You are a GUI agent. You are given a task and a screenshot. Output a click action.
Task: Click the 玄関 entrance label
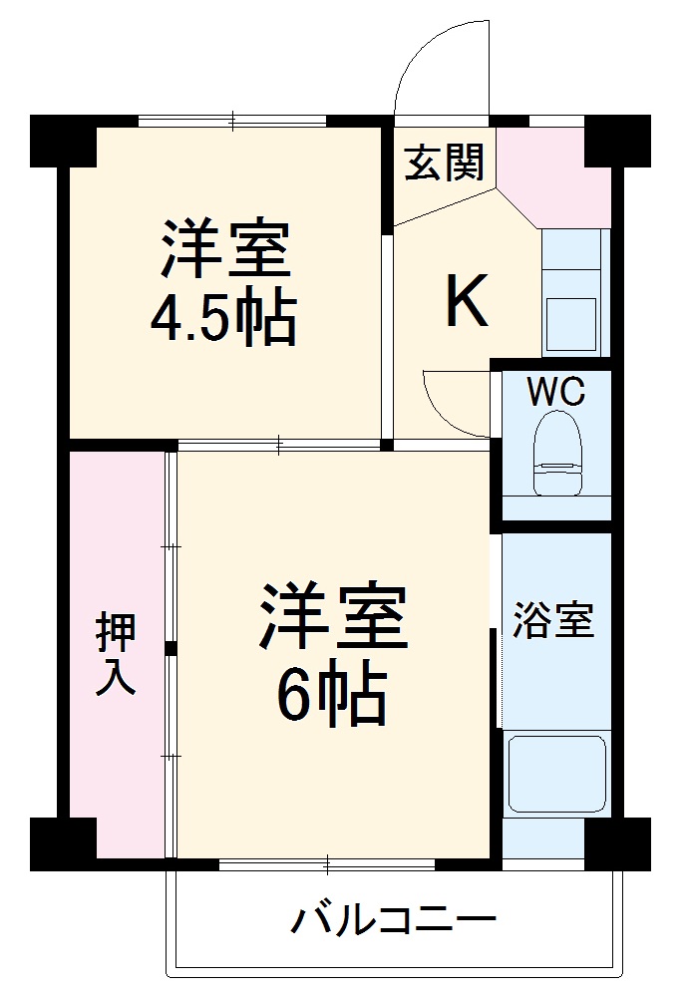[444, 163]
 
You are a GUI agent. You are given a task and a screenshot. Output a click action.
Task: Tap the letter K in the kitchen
[466, 301]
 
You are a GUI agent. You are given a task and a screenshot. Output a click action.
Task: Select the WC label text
[555, 392]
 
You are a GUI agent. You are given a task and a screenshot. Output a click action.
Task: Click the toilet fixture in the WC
[556, 454]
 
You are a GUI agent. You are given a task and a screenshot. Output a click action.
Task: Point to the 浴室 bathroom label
[553, 621]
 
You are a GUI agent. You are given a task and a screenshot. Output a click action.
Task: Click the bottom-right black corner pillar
[617, 843]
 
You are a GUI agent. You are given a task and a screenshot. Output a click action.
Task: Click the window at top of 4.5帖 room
[232, 122]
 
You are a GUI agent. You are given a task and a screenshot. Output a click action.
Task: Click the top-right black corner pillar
[616, 140]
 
